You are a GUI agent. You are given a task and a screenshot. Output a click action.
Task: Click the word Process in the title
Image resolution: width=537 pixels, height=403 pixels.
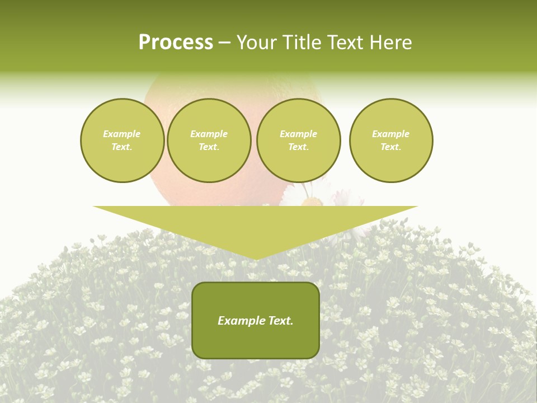coord(176,43)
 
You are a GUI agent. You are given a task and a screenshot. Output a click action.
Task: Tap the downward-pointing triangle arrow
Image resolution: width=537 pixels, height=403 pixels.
coord(256,227)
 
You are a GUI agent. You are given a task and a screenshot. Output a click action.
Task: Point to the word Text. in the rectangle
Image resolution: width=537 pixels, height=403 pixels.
coord(280,321)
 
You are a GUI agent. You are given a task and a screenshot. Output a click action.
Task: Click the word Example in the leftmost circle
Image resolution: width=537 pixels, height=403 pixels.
coord(122,134)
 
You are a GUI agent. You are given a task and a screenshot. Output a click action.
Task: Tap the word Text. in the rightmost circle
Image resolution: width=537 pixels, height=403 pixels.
coord(391,147)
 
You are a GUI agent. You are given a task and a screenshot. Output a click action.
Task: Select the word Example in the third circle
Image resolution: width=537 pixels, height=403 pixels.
coord(298,134)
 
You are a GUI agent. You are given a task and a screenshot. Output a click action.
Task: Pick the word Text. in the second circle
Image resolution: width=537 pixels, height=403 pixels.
coord(209,147)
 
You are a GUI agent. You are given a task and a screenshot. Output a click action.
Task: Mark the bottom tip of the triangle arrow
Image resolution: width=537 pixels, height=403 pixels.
coord(256,258)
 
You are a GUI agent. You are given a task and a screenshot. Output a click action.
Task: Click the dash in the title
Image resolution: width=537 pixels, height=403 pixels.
coord(225,43)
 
